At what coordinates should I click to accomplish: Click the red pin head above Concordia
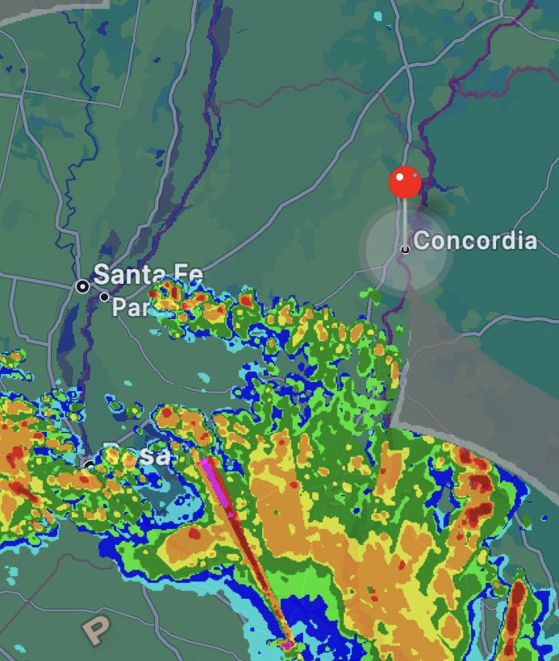[x=405, y=183]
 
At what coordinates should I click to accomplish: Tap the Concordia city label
[x=475, y=241]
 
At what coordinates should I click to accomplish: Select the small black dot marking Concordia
[x=405, y=250]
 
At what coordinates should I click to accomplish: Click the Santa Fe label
[x=148, y=275]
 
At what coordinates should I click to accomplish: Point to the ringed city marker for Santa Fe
[x=82, y=286]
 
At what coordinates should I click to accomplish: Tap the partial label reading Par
[x=128, y=307]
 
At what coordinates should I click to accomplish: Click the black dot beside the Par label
[x=104, y=297]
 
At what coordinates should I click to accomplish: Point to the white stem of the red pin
[x=404, y=222]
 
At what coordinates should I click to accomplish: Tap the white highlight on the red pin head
[x=399, y=175]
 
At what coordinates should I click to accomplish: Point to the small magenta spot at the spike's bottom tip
[x=287, y=644]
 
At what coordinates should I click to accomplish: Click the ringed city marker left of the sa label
[x=90, y=464]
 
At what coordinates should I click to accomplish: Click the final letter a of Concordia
[x=529, y=241]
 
